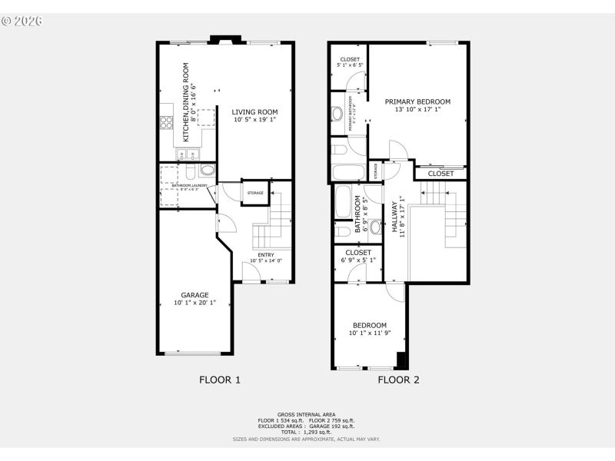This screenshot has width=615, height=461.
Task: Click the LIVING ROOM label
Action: (x=254, y=112)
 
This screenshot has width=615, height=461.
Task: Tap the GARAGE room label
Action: (x=194, y=295)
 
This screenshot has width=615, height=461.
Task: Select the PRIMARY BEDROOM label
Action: (x=417, y=101)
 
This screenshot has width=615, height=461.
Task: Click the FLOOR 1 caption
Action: (x=220, y=380)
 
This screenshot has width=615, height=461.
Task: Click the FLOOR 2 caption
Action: (x=398, y=380)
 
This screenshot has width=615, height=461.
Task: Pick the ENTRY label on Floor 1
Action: (x=265, y=254)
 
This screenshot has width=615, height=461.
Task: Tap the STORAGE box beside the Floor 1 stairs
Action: (x=255, y=193)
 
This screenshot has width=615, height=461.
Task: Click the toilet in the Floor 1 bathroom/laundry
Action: (x=206, y=171)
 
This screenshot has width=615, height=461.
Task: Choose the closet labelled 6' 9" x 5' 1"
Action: (x=358, y=256)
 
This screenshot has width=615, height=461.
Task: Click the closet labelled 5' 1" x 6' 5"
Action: (x=350, y=62)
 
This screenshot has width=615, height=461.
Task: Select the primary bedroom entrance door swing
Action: (x=394, y=151)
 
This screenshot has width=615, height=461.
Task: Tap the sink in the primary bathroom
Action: (x=337, y=114)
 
